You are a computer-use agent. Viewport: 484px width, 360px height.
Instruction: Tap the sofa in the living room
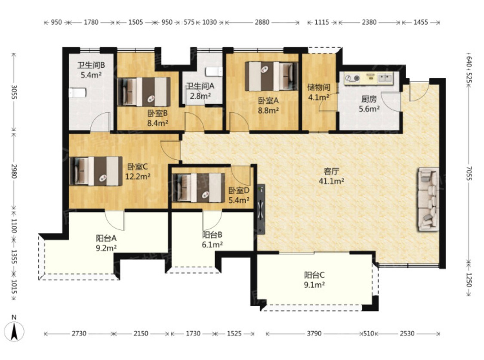point(429,199)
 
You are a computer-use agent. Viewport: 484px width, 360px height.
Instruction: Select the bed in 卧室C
point(96,171)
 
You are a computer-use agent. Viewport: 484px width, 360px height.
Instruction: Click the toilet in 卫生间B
point(77,93)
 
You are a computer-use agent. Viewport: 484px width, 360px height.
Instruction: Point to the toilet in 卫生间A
point(214,71)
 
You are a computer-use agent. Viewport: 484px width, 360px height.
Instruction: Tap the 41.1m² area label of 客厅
point(331,181)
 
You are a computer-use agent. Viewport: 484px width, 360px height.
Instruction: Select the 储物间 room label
point(319,87)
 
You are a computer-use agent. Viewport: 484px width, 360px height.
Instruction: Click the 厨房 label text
point(369,99)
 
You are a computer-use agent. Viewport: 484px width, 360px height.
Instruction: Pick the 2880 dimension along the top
point(262,22)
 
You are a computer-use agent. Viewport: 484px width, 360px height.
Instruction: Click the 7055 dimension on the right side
point(469,174)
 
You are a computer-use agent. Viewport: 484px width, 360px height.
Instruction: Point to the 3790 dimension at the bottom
point(314,333)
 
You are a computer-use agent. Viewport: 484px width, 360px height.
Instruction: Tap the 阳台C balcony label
point(314,275)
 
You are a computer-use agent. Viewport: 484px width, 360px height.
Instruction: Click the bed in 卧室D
point(199,188)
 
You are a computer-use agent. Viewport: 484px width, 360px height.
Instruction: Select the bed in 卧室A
point(271,76)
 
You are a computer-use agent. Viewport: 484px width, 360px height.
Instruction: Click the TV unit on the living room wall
point(261,209)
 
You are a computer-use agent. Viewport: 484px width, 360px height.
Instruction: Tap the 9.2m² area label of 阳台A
point(106,248)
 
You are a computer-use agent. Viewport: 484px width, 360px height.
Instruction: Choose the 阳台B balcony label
point(212,235)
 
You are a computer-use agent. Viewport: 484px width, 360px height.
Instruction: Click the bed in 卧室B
point(144,92)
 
